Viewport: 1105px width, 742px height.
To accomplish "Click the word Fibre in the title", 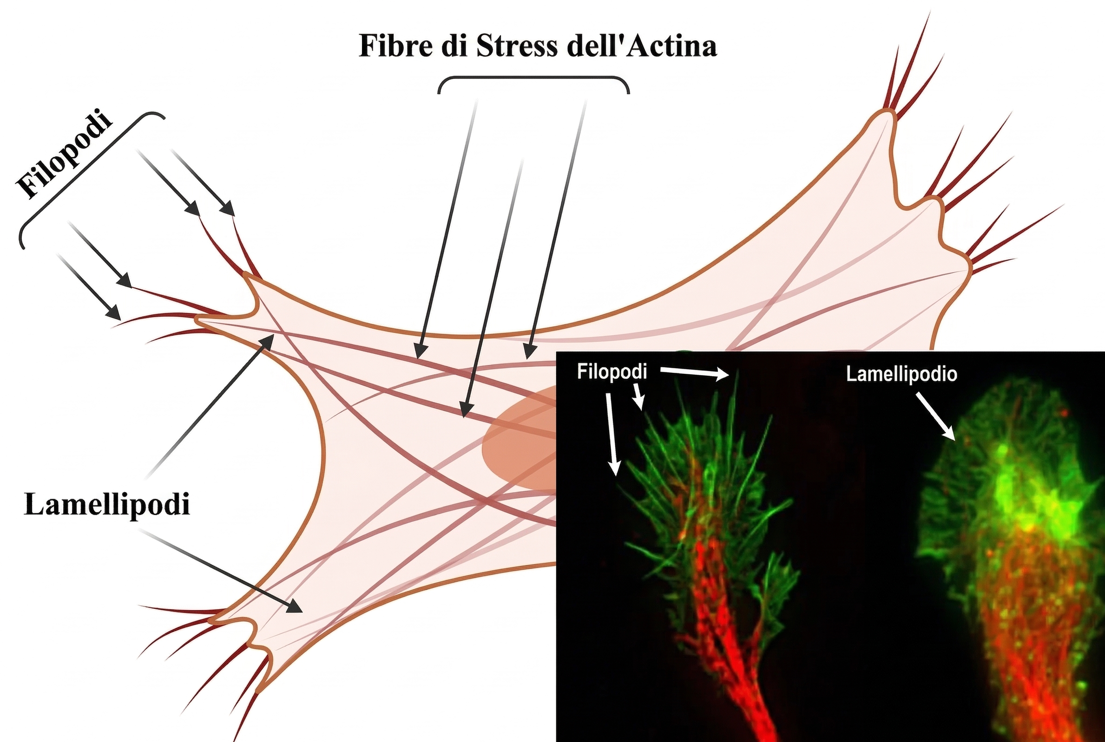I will click(x=396, y=47).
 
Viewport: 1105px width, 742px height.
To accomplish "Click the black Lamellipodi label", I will click(x=107, y=504).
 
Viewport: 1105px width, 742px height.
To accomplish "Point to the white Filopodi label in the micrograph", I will click(x=612, y=372).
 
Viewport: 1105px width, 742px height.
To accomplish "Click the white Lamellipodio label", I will click(x=901, y=374).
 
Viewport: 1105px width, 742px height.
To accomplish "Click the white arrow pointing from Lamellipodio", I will click(x=935, y=416).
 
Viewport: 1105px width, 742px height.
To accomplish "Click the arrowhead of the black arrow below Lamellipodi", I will click(x=296, y=608).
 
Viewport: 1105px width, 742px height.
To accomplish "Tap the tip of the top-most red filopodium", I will click(x=929, y=13).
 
